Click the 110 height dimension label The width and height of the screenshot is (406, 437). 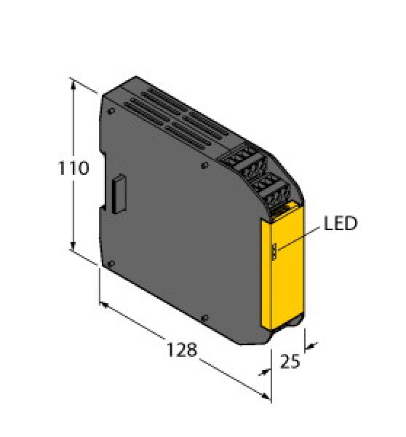73,169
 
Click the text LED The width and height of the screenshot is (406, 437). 341,224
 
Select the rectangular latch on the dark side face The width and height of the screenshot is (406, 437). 117,193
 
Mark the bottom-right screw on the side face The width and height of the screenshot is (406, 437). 206,317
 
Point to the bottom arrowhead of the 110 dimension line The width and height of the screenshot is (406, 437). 73,248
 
